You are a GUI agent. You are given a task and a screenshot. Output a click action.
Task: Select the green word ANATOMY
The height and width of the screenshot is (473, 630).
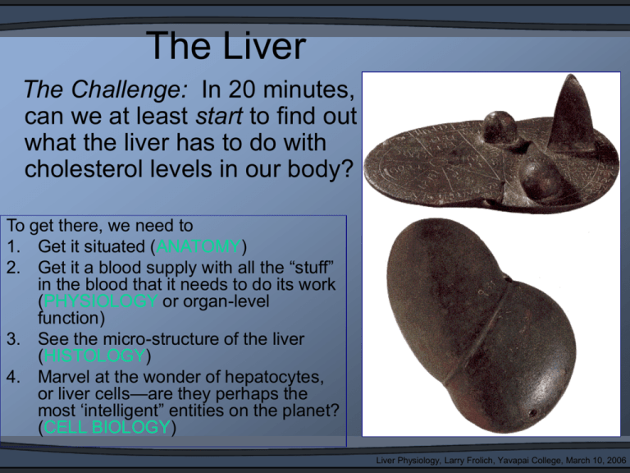199,246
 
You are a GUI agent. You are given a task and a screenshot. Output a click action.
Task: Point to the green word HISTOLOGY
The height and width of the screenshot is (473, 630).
94,355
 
